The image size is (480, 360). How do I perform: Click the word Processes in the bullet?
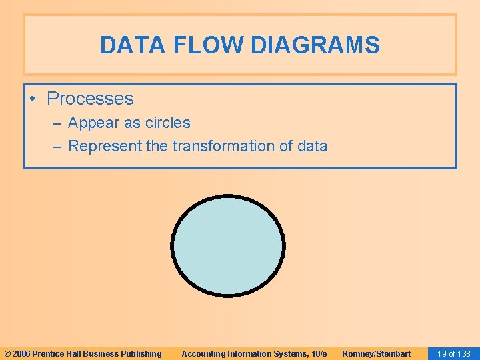[90, 99]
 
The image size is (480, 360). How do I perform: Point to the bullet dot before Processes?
[32, 99]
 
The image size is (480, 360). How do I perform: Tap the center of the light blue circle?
[228, 245]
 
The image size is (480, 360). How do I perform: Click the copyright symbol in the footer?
[7, 353]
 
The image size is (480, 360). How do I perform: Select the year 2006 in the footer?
[21, 353]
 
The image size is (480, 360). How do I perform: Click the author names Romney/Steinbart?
[376, 353]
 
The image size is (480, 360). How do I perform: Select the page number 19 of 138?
[453, 353]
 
